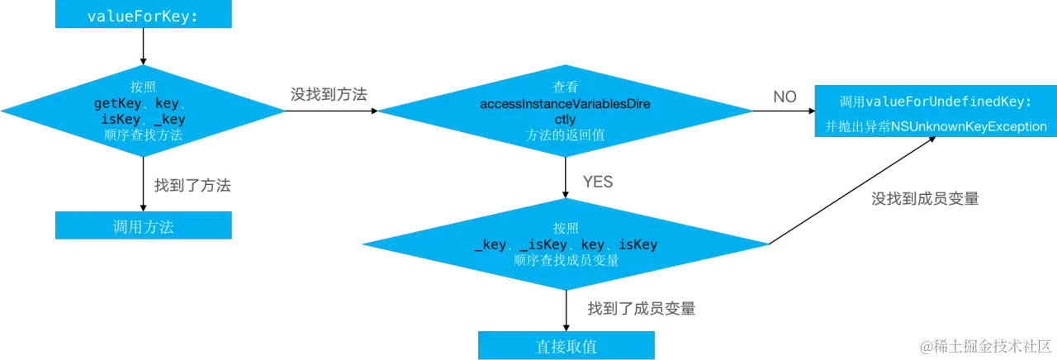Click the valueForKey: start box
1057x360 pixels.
(x=144, y=14)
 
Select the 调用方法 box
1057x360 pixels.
(x=144, y=225)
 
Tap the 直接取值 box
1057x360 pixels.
(x=566, y=345)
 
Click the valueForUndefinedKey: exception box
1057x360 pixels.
(x=936, y=111)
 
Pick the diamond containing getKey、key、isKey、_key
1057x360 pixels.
(x=143, y=111)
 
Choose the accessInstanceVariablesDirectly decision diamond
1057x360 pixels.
(x=566, y=111)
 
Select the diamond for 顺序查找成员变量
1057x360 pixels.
(x=566, y=244)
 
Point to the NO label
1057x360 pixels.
(x=784, y=97)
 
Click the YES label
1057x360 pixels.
(x=598, y=182)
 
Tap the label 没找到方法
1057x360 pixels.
(x=329, y=94)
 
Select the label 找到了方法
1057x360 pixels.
(x=192, y=186)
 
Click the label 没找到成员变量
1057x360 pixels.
(x=925, y=199)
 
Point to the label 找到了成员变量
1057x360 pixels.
(x=642, y=309)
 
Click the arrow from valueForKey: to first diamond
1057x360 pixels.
(x=144, y=46)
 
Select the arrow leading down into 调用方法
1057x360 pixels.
(x=144, y=184)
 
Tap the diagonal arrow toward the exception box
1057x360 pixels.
(x=852, y=191)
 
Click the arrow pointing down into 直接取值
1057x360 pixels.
(x=566, y=310)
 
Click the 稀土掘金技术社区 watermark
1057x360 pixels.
(x=985, y=346)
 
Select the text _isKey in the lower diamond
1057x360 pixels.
(x=543, y=244)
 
